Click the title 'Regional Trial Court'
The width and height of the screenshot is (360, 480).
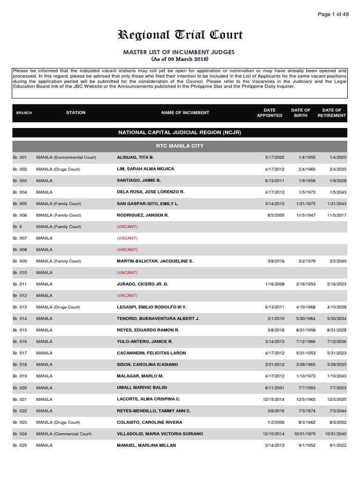(x=180, y=36)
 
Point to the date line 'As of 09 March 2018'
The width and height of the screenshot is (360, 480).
(x=180, y=59)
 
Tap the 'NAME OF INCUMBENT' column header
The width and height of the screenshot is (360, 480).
(x=185, y=113)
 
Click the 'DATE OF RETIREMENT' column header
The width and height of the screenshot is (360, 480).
(x=331, y=113)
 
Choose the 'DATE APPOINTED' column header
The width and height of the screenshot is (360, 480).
(x=270, y=113)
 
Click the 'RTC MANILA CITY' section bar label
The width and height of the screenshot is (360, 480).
(x=180, y=146)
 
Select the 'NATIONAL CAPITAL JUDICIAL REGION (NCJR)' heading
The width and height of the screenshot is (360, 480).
(x=180, y=133)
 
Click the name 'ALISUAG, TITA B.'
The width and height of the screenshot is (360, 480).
(x=135, y=157)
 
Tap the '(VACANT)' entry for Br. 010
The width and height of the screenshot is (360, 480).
(x=127, y=272)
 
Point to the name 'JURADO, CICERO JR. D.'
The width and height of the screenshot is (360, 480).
(x=142, y=284)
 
